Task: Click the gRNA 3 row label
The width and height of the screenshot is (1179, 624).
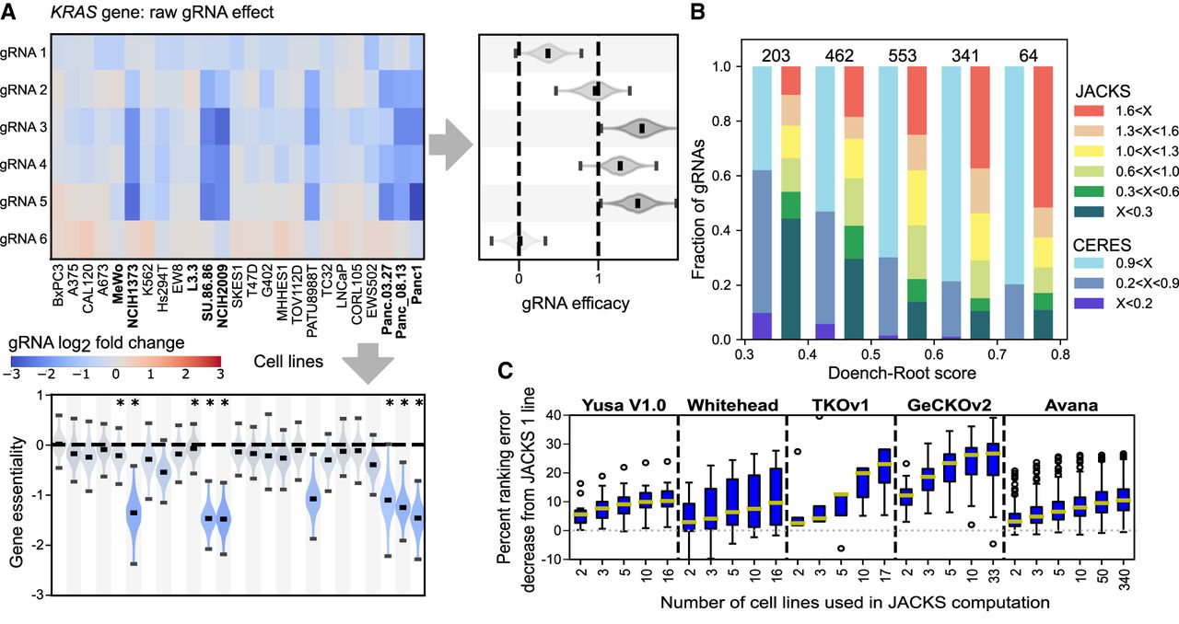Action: point(23,127)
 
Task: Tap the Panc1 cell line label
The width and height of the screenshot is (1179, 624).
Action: point(417,285)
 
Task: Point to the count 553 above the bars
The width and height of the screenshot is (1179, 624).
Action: point(902,55)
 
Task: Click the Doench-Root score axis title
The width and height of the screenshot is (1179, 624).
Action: point(902,373)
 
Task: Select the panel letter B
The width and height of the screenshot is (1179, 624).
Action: point(697,12)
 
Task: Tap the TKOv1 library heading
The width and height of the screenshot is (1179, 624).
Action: point(840,405)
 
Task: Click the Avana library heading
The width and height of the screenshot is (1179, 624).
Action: point(1071,405)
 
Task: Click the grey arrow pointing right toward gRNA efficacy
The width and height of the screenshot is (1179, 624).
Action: point(450,144)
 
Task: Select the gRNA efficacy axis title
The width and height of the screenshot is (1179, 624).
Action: point(576,303)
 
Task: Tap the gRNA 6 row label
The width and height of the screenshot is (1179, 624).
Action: point(23,239)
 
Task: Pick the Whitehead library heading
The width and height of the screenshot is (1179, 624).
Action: point(732,405)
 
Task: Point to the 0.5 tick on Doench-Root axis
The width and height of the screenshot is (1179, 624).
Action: point(870,354)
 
